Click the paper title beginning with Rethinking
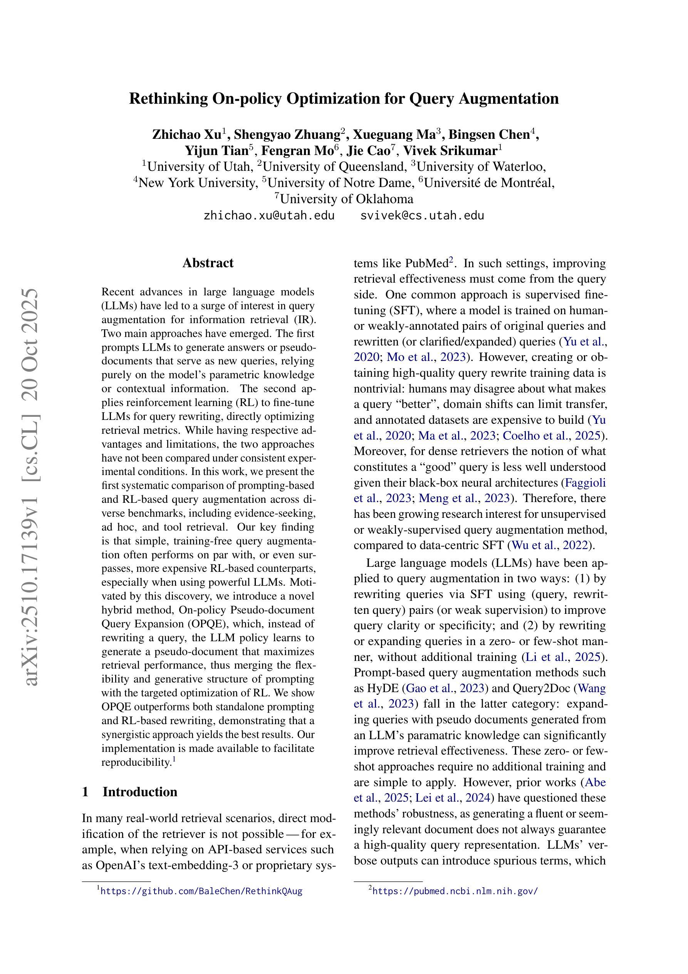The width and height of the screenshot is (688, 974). pos(344,98)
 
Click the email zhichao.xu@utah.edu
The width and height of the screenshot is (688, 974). pos(269,216)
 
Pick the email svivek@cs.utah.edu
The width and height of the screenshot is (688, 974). pos(422,216)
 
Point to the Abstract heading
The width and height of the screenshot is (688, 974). pos(208,263)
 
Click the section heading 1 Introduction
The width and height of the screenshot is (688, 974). pos(130,792)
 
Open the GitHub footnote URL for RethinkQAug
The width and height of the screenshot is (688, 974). pos(201,891)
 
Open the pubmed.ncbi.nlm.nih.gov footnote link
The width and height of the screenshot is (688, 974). pos(455,891)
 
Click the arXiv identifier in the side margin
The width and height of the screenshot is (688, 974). pos(32,488)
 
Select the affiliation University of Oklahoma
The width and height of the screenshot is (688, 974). pos(346,199)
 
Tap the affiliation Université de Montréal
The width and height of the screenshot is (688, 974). pos(489,183)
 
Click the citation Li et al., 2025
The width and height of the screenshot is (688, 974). pos(563,657)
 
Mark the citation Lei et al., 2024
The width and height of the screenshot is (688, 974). pos(452,798)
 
